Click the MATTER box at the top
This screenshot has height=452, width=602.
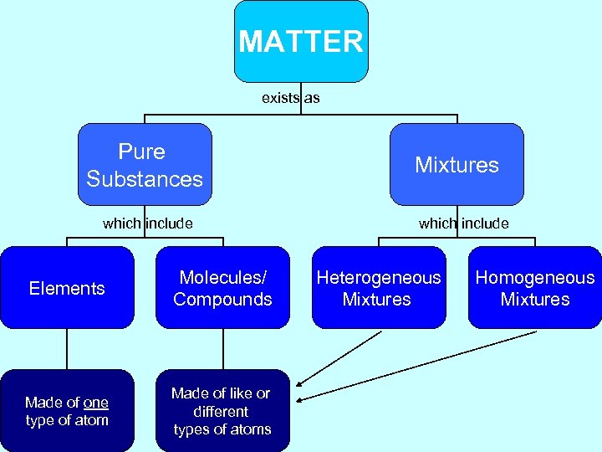click(x=301, y=41)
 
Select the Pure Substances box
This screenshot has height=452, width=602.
click(x=145, y=165)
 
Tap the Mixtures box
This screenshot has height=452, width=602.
click(x=457, y=165)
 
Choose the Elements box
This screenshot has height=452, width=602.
click(x=67, y=288)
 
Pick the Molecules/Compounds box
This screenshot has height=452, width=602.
click(x=222, y=288)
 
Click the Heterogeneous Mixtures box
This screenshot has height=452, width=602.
click(x=379, y=288)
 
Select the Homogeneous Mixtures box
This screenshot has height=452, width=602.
click(x=535, y=288)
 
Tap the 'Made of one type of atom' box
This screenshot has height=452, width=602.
click(x=67, y=411)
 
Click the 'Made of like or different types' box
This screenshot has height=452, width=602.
click(x=222, y=411)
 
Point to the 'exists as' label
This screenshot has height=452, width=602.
click(x=290, y=98)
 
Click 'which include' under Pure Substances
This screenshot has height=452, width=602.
click(x=148, y=223)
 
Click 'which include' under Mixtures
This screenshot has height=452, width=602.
click(x=463, y=223)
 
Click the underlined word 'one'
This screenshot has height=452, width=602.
click(x=95, y=403)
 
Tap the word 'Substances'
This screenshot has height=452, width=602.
click(x=145, y=179)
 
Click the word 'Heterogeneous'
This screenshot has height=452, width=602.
click(x=379, y=278)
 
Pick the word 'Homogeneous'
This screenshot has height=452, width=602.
click(x=535, y=278)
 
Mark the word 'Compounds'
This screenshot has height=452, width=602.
click(x=222, y=300)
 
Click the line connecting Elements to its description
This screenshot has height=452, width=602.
click(x=67, y=349)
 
